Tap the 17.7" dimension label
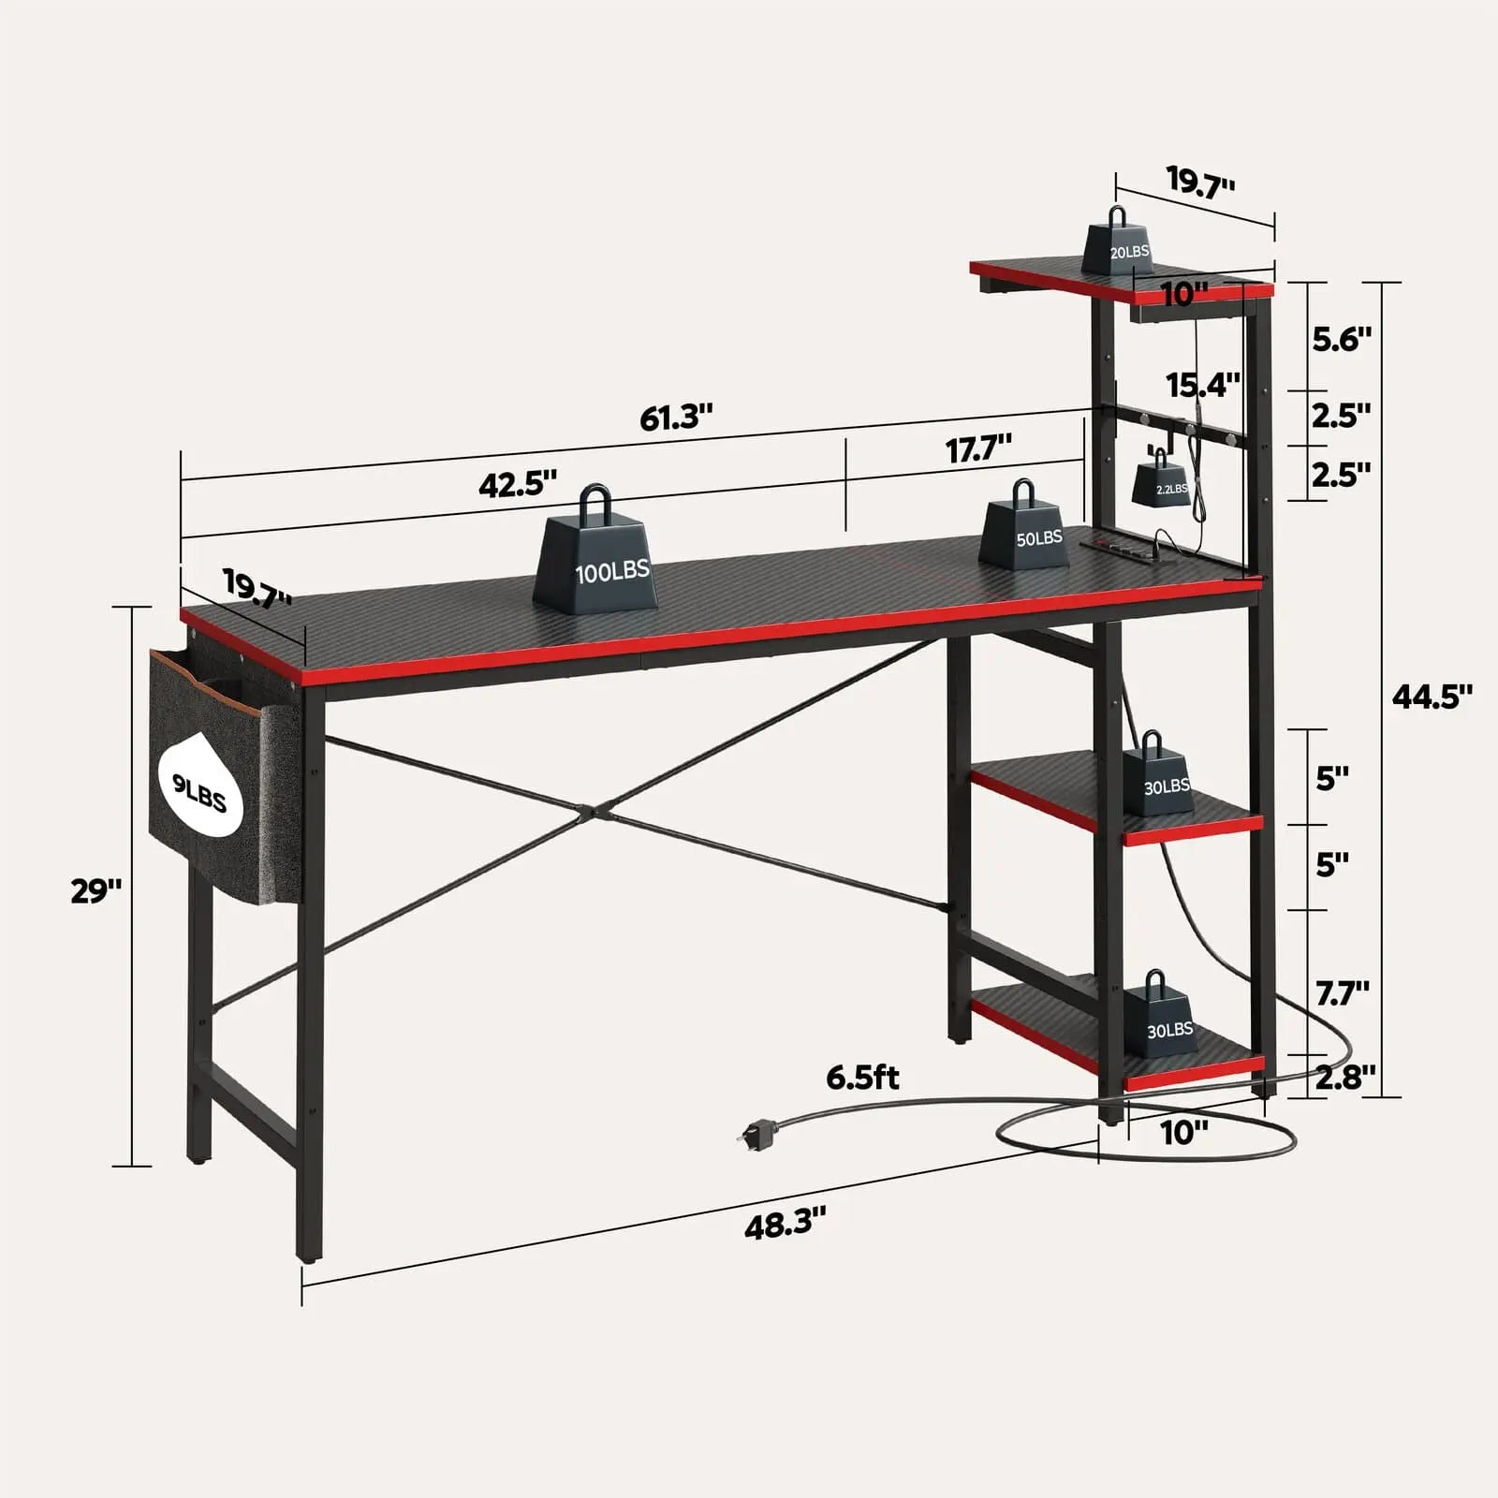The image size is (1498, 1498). tap(978, 449)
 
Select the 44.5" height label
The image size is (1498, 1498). tap(1432, 696)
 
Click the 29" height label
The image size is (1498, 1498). tap(96, 890)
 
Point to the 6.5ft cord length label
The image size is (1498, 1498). tap(862, 1078)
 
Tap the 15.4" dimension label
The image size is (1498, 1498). tap(1202, 384)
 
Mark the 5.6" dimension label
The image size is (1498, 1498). tap(1341, 338)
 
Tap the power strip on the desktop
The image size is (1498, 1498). tap(1123, 547)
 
